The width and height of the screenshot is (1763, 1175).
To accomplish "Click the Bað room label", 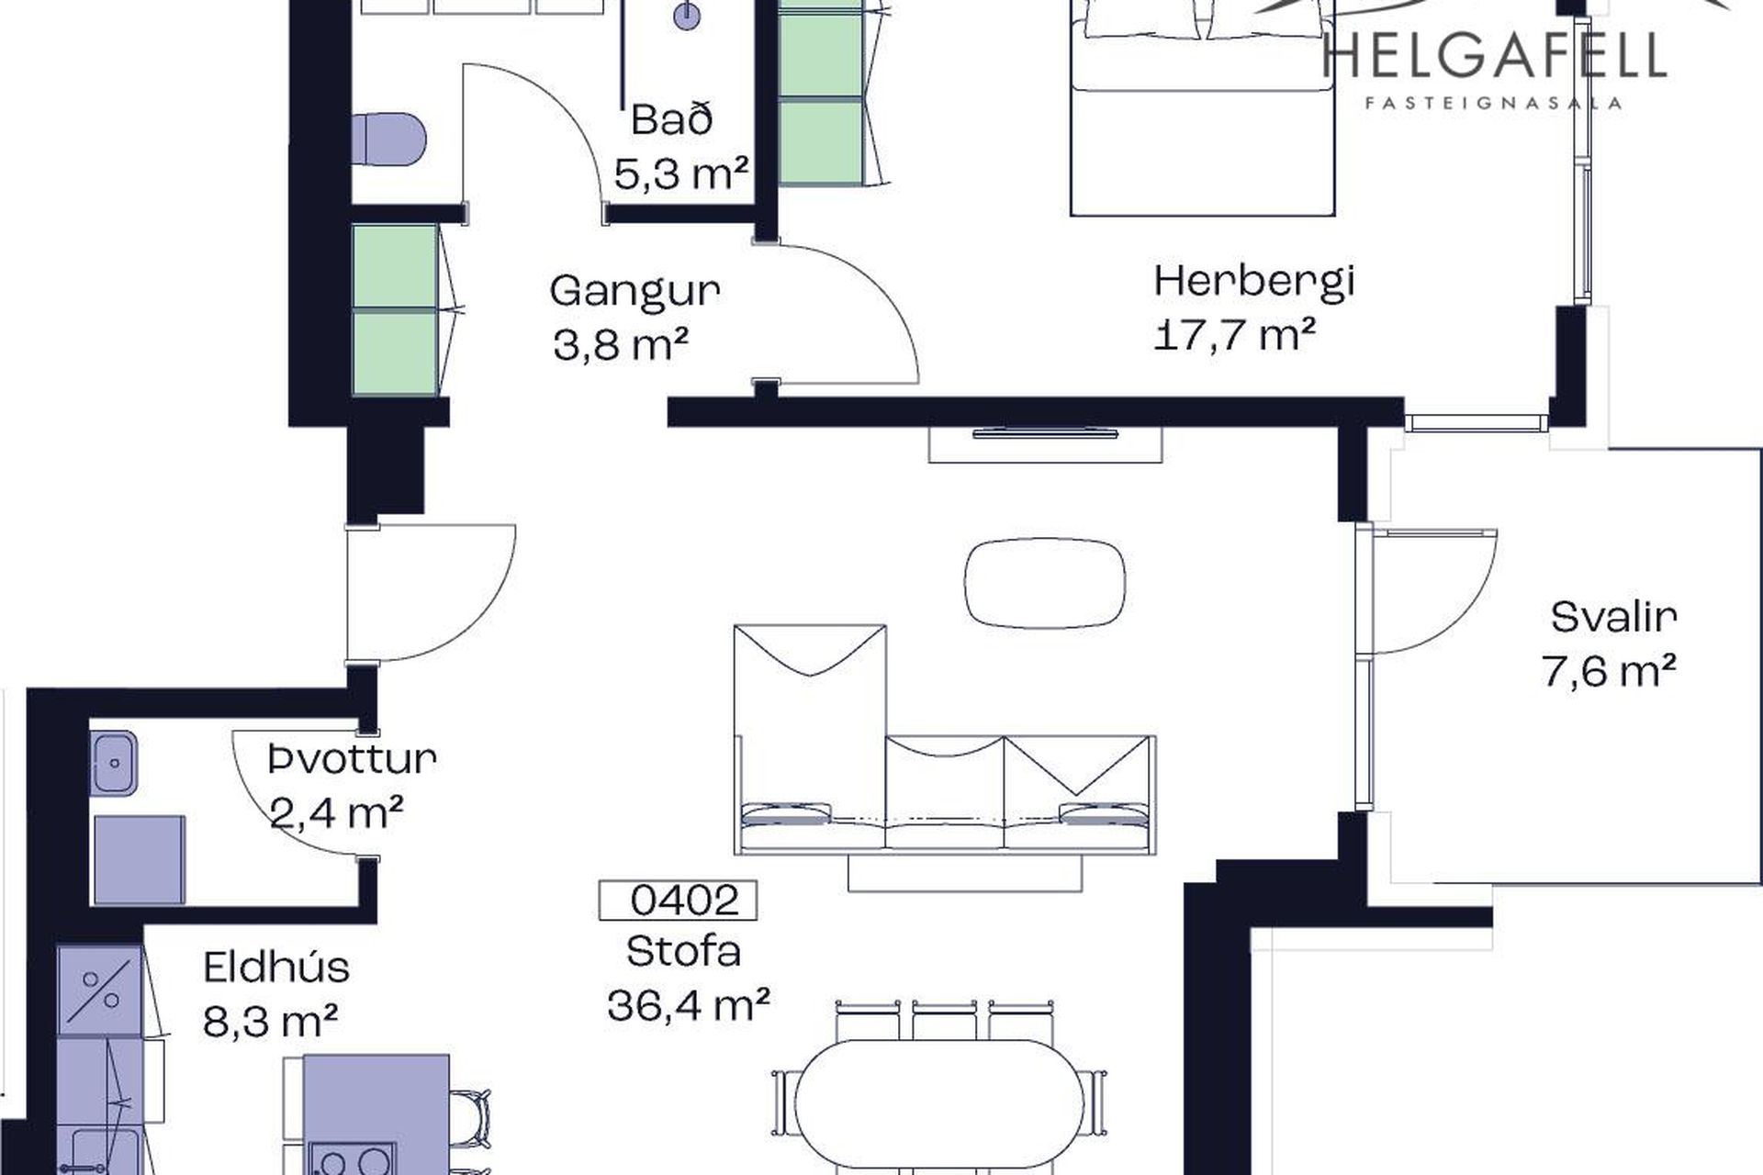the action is tap(672, 120).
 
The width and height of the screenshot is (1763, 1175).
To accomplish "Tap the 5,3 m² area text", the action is tap(681, 173).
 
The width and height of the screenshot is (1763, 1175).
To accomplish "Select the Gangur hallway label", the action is tap(634, 292).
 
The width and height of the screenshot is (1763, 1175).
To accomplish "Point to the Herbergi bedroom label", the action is tap(1254, 282).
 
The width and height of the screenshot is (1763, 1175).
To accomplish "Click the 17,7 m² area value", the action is tap(1234, 335).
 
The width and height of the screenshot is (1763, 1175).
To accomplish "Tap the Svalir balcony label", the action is tap(1614, 617).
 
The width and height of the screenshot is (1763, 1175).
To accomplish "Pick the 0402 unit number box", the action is tap(678, 901).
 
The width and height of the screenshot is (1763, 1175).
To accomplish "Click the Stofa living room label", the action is tap(683, 951).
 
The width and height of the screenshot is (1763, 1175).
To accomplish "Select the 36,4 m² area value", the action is tap(688, 1005).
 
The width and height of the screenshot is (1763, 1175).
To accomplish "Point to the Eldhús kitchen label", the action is tap(276, 967).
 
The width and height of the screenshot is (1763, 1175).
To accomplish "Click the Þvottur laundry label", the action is tap(352, 759).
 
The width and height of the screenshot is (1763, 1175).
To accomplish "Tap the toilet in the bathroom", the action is tap(389, 140).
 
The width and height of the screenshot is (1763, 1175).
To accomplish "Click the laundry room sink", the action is tap(114, 763).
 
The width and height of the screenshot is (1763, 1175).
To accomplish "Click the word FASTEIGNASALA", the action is tap(1494, 103).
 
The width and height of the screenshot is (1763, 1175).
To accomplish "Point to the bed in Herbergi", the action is tap(1203, 108).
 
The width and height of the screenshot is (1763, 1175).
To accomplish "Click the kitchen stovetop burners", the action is tap(353, 1158).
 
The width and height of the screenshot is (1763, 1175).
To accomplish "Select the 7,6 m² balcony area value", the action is tap(1609, 670).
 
